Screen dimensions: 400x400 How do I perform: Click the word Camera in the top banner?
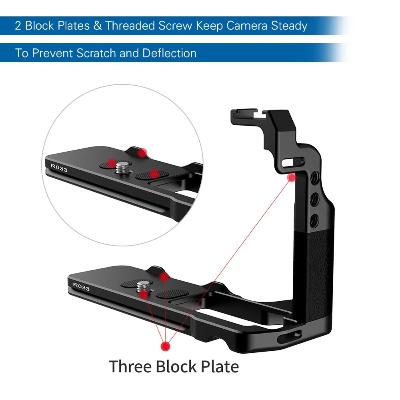coord(247,26)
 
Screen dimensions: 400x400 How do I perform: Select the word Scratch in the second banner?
coord(96,53)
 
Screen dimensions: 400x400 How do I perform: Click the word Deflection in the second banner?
coord(170,53)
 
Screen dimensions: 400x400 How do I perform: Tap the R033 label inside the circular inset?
coord(59,168)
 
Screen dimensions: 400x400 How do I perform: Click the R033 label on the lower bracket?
coord(81,286)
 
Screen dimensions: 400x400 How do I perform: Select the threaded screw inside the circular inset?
coord(122,168)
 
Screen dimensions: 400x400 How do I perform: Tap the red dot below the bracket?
coord(166,346)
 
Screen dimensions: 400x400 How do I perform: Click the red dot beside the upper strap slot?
coord(292,177)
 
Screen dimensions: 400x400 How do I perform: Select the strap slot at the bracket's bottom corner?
coord(289,337)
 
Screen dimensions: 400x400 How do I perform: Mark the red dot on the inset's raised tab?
coord(143,153)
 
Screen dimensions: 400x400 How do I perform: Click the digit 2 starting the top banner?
coord(18,26)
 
